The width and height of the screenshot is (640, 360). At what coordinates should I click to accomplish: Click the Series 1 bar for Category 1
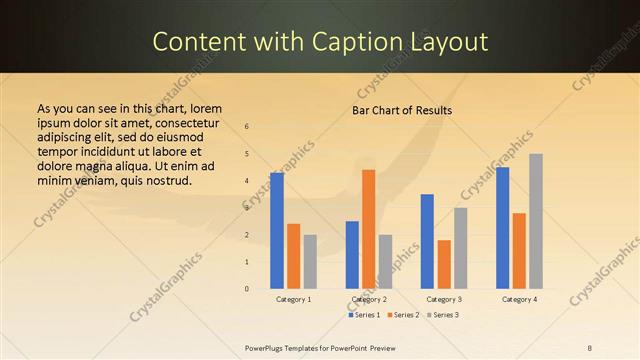[x=277, y=231]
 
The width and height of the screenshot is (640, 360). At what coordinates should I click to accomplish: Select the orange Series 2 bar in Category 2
[x=369, y=229]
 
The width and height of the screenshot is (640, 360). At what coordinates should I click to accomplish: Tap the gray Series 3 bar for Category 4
[x=536, y=221]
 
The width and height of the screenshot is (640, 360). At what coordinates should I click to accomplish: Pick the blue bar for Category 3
[x=427, y=241]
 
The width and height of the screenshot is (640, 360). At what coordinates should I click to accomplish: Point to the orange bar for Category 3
[x=444, y=264]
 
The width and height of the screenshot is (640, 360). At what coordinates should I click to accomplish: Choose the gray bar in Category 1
[x=310, y=262]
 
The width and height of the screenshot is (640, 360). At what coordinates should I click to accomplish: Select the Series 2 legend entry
[x=403, y=315]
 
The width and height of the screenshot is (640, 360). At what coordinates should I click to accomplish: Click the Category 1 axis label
[x=293, y=299]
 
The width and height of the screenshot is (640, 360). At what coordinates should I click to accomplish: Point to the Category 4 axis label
[x=519, y=299]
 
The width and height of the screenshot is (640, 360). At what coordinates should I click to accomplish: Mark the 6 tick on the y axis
[x=247, y=127]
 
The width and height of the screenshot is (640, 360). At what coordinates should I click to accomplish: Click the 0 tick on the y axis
[x=247, y=289]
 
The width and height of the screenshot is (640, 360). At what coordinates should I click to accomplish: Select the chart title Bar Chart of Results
[x=403, y=110]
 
